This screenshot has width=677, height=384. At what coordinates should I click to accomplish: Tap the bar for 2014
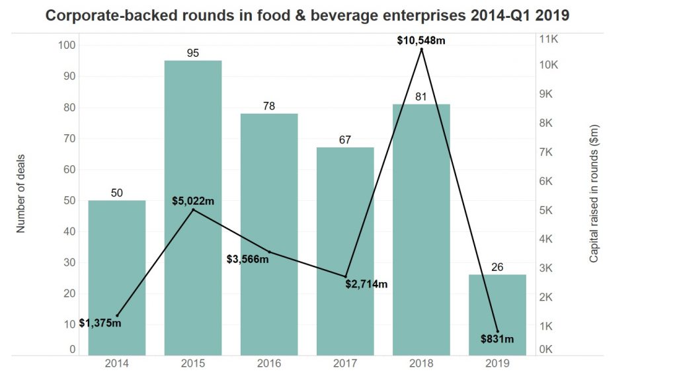coord(117,278)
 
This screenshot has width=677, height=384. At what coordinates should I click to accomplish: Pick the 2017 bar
coord(345,251)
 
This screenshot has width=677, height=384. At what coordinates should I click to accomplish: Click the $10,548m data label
coord(421,40)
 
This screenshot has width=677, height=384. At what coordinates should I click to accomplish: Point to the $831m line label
coord(497,340)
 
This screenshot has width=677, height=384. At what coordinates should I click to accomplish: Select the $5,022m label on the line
coord(193,201)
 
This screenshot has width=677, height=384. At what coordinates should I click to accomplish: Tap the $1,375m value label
coord(100,323)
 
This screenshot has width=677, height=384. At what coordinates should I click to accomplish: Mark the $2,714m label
coord(366,284)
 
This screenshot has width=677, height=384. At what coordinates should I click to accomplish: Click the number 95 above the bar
coord(193,52)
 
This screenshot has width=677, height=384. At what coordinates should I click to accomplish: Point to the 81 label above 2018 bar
coord(421,96)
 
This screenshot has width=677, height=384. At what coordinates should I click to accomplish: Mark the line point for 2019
coord(498,331)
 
